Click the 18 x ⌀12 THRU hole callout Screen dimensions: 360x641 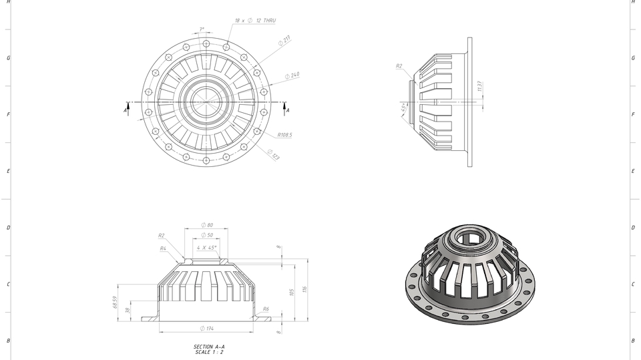(x=255, y=21)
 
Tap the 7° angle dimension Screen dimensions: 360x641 (x=202, y=29)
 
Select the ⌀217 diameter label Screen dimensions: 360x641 (x=284, y=41)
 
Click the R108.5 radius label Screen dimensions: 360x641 (x=284, y=135)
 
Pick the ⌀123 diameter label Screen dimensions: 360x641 (x=274, y=155)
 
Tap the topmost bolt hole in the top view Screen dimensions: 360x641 (x=206, y=43)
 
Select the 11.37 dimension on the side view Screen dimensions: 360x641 (x=479, y=86)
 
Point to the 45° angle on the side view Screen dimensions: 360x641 (x=404, y=108)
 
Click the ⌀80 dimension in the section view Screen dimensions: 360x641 (x=207, y=225)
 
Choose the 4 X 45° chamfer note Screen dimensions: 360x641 (x=207, y=248)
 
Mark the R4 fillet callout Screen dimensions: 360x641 (x=163, y=248)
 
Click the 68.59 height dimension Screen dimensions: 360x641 (x=116, y=303)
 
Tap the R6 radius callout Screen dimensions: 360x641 (x=266, y=309)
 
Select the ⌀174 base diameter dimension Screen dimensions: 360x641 (x=207, y=329)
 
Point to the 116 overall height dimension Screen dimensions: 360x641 (x=304, y=289)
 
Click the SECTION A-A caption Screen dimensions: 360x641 (x=209, y=347)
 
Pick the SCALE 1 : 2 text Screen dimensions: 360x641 (x=209, y=352)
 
